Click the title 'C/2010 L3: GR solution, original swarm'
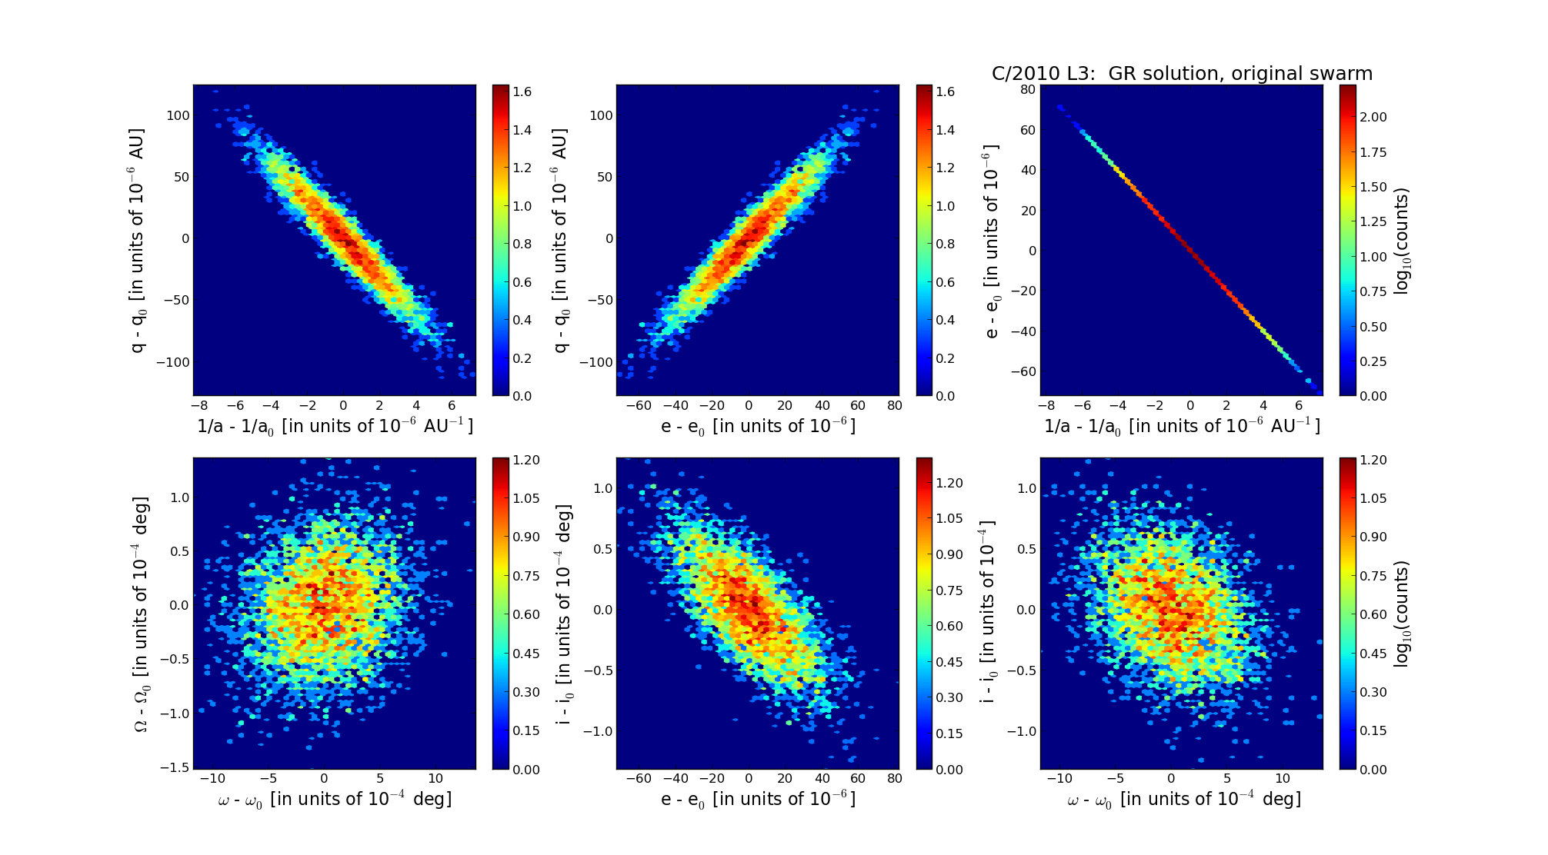coord(1182,74)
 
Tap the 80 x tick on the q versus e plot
coord(894,406)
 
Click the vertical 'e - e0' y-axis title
coord(992,241)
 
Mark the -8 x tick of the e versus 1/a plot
coord(1045,406)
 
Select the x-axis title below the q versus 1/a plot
coord(335,426)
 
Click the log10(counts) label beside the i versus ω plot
coord(1402,614)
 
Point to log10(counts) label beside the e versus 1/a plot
coord(1402,241)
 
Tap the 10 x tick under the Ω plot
coord(435,778)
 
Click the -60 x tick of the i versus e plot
coord(639,778)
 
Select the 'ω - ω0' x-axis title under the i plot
coord(1183,800)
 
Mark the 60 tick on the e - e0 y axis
coord(1028,130)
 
